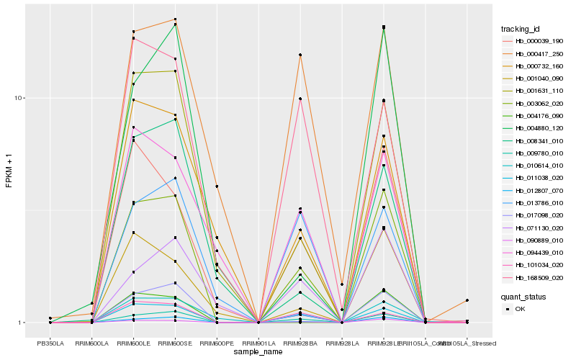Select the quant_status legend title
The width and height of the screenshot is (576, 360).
click(523, 296)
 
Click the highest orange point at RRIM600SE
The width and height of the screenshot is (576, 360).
click(176, 19)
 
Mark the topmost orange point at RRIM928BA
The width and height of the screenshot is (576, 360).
click(300, 55)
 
